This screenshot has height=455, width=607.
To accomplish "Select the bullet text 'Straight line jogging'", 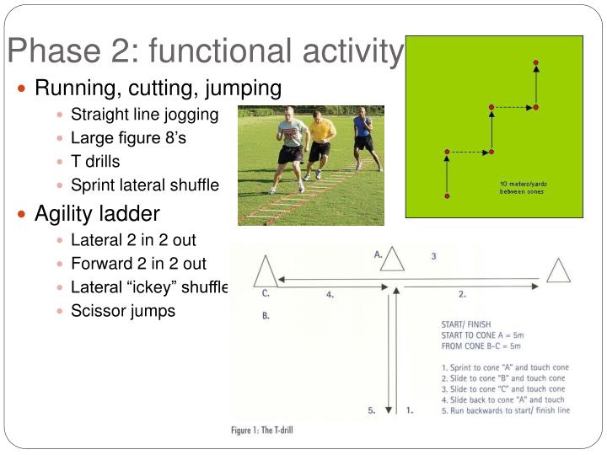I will click(144, 115).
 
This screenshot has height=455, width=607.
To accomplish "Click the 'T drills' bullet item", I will click(95, 162).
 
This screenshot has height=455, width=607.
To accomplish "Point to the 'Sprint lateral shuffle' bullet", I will click(144, 185).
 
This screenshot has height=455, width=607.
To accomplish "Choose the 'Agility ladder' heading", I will click(97, 213).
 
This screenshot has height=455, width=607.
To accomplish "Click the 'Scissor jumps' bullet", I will click(123, 311).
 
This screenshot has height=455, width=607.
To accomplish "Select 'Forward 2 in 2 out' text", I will click(138, 264).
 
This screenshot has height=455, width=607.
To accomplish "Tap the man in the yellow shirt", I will click(320, 143).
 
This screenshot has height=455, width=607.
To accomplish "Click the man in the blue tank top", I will click(364, 135).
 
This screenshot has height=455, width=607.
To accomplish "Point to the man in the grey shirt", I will click(290, 147).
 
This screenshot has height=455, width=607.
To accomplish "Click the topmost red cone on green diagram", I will click(535, 62).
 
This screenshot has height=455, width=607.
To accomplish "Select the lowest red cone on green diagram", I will click(447, 196).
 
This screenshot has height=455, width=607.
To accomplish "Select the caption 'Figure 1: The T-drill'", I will click(262, 430).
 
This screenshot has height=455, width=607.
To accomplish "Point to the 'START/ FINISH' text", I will click(467, 324).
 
